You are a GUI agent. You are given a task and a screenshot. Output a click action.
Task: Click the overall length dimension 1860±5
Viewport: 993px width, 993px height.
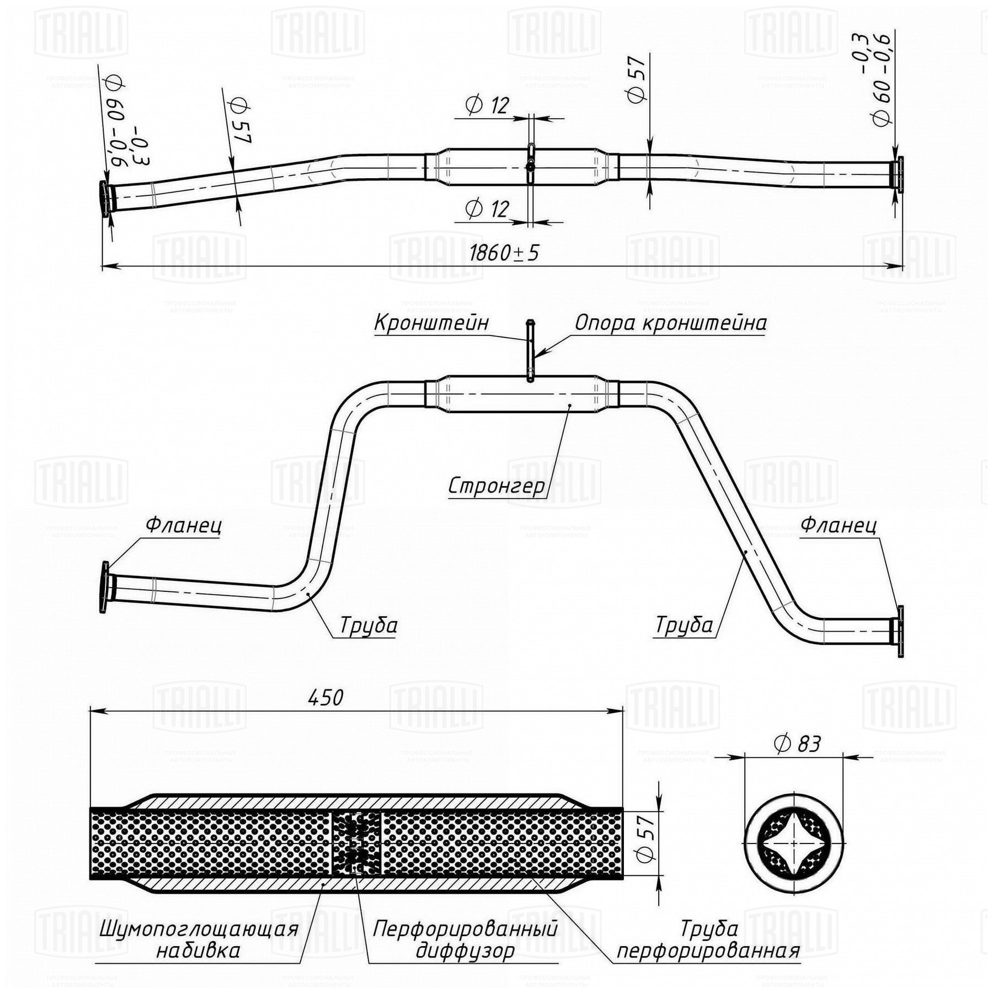pyautogui.click(x=504, y=253)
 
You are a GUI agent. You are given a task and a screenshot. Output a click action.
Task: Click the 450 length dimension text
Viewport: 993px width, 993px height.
pyautogui.click(x=325, y=698)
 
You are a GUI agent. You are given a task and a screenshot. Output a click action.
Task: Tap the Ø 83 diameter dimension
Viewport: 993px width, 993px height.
pyautogui.click(x=797, y=744)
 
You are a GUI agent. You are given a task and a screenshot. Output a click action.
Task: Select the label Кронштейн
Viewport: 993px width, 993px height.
pyautogui.click(x=431, y=323)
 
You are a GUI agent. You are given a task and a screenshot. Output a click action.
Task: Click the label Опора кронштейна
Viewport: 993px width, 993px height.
pyautogui.click(x=670, y=323)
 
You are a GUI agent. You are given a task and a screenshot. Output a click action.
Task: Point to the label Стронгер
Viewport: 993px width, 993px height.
pyautogui.click(x=496, y=486)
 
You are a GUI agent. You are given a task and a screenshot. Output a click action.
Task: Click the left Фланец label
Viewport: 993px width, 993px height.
pyautogui.click(x=183, y=525)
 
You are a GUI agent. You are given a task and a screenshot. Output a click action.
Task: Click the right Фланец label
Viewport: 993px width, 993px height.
pyautogui.click(x=838, y=525)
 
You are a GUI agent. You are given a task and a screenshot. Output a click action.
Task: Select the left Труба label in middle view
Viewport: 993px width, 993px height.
pyautogui.click(x=368, y=626)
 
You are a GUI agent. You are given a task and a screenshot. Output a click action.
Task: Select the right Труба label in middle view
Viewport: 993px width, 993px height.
pyautogui.click(x=684, y=626)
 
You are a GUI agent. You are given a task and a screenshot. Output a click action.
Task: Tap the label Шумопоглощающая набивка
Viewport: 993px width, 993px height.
pyautogui.click(x=199, y=939)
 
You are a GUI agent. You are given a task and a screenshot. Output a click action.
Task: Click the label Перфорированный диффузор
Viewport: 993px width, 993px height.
pyautogui.click(x=465, y=939)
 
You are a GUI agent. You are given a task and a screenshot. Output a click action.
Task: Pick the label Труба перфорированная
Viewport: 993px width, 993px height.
pyautogui.click(x=708, y=939)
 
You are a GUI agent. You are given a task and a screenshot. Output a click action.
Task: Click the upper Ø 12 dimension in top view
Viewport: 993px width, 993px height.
pyautogui.click(x=487, y=105)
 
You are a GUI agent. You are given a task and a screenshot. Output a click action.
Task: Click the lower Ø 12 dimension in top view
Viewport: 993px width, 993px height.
pyautogui.click(x=487, y=209)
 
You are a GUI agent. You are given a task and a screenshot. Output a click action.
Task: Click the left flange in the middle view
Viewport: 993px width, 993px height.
pyautogui.click(x=104, y=587)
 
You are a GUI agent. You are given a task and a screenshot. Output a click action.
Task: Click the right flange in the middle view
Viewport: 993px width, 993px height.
pyautogui.click(x=900, y=631)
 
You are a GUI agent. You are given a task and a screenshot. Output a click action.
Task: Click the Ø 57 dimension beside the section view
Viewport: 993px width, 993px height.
pyautogui.click(x=647, y=839)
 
